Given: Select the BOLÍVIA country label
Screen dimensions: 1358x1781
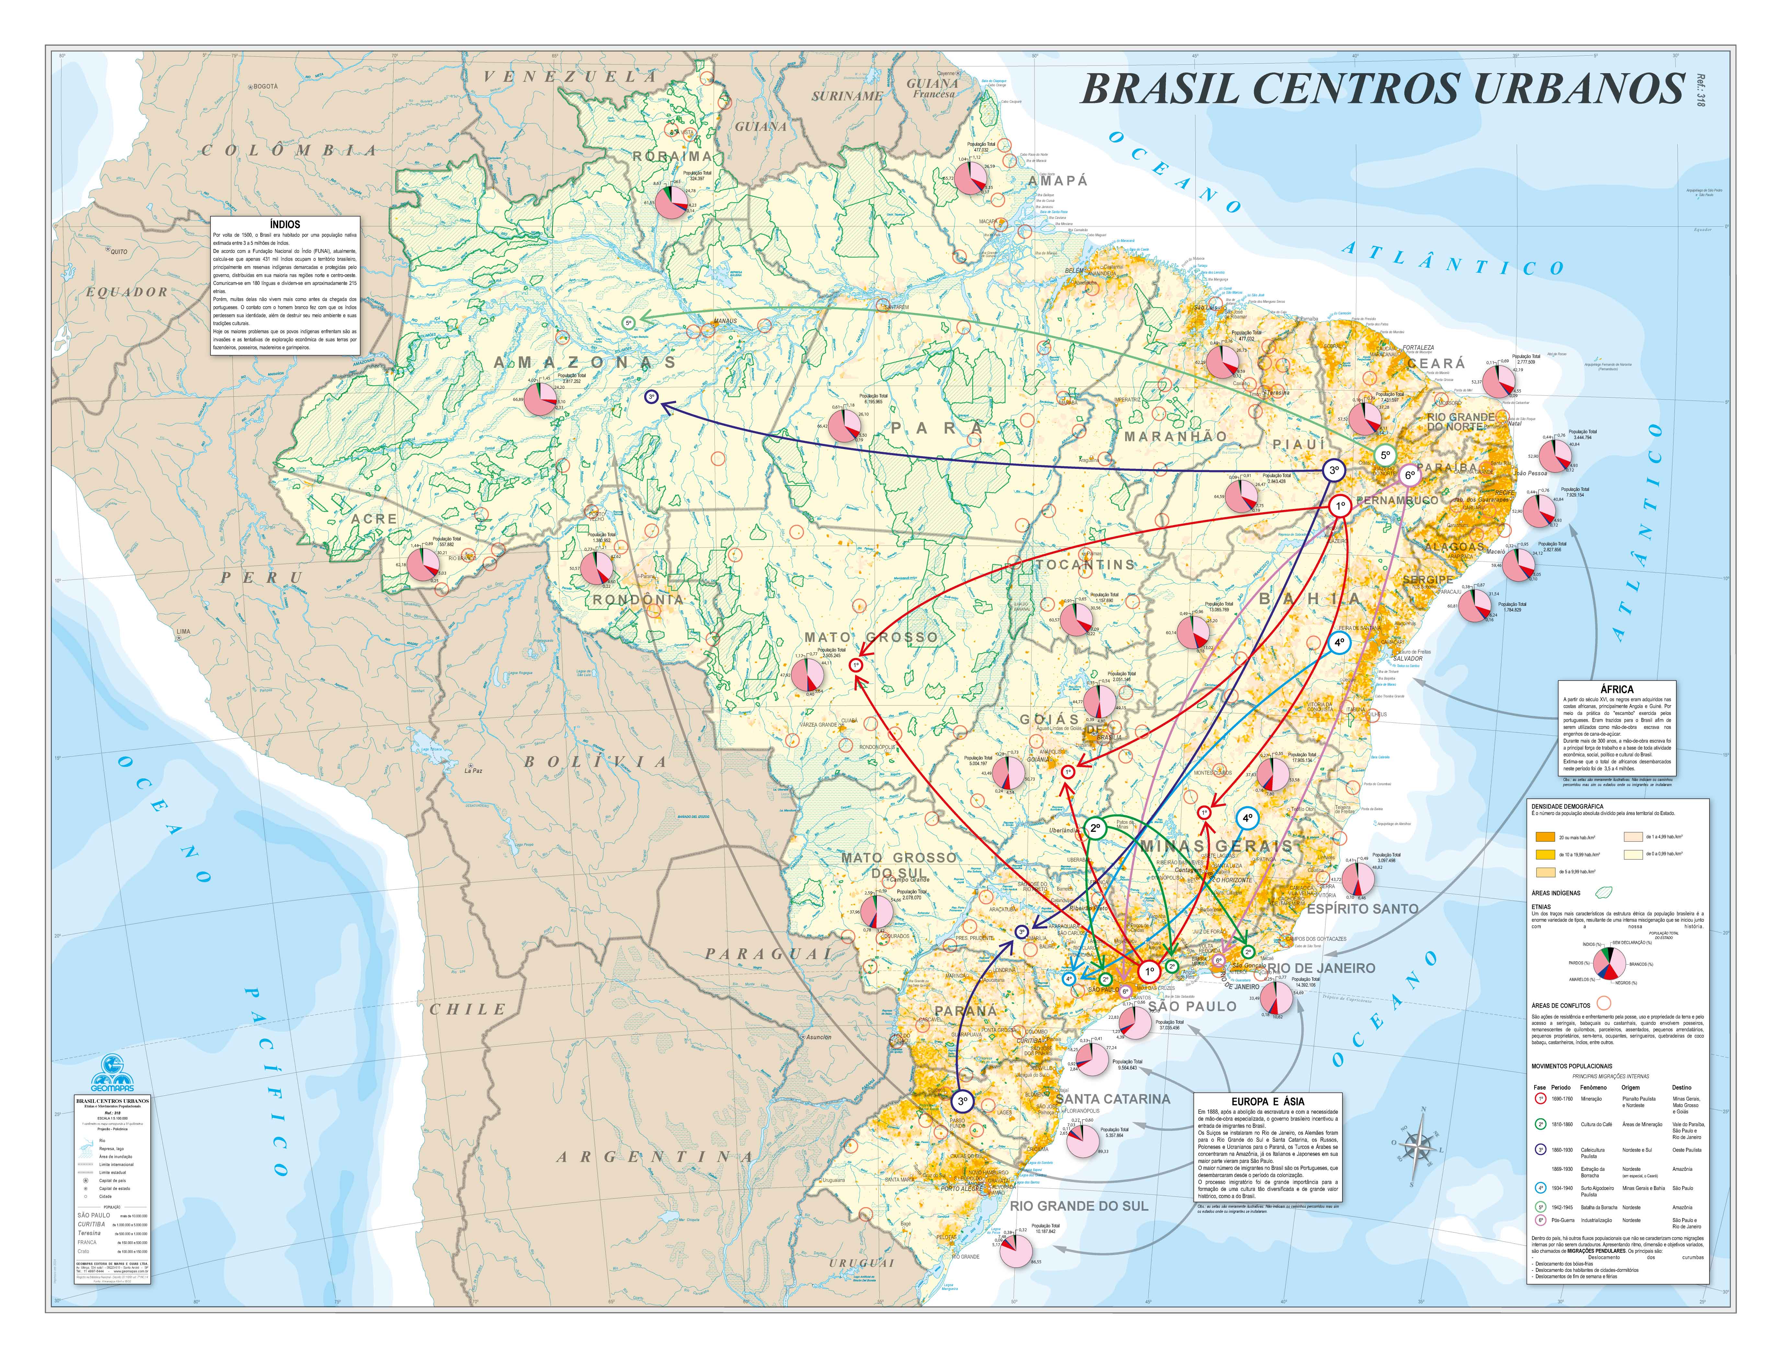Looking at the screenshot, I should [x=596, y=762].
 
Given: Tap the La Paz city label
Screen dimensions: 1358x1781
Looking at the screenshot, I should [x=473, y=770].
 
